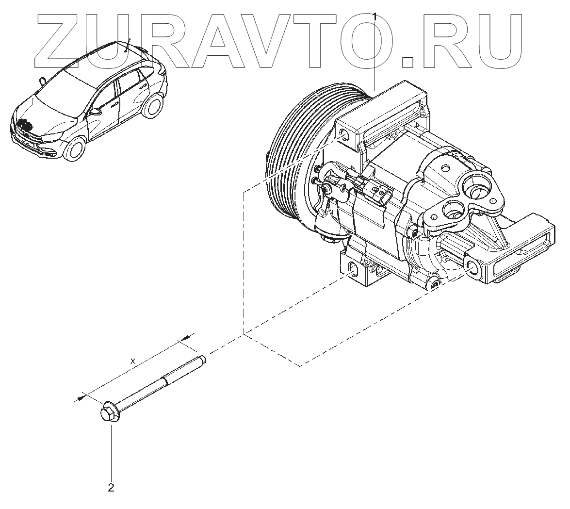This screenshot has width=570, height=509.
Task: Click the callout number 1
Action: point(375,17)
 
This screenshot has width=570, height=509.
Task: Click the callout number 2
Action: point(111,487)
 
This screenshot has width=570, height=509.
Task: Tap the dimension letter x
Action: point(133,361)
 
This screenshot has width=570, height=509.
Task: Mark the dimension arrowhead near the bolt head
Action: point(80,397)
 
